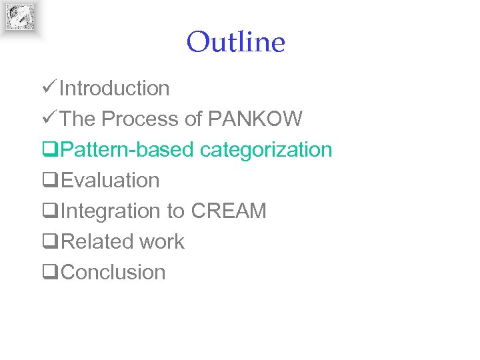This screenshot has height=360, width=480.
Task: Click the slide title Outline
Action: click(x=235, y=42)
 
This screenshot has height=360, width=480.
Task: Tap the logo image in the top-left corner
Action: click(x=20, y=17)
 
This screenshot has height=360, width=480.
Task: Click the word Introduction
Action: click(x=114, y=88)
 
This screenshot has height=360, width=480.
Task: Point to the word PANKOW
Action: click(x=255, y=119)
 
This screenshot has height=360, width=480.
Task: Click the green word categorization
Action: click(x=266, y=149)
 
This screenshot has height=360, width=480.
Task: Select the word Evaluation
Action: click(x=110, y=180)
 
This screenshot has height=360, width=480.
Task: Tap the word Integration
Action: click(x=110, y=211)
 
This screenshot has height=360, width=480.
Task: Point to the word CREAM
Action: click(x=229, y=211)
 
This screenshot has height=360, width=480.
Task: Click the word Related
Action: click(x=94, y=241)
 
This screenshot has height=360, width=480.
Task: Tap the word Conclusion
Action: click(x=113, y=272)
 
